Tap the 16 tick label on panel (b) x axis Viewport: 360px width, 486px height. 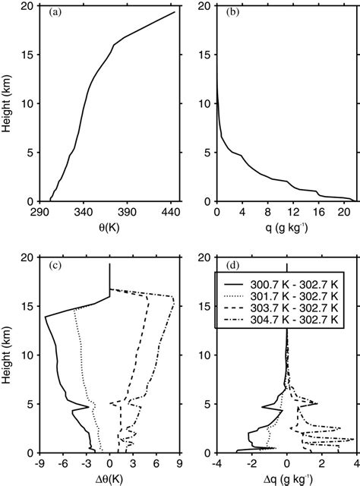point(319,212)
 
